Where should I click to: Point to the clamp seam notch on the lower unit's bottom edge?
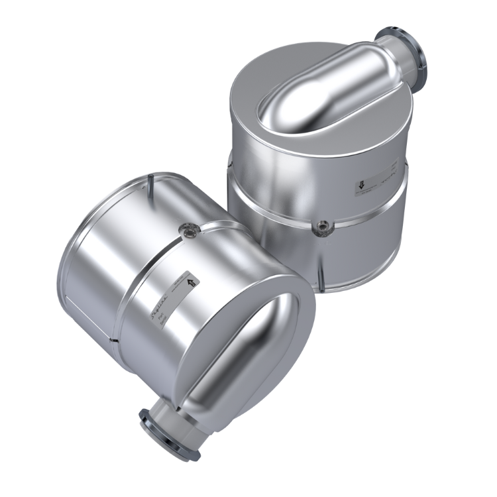click(115, 339)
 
